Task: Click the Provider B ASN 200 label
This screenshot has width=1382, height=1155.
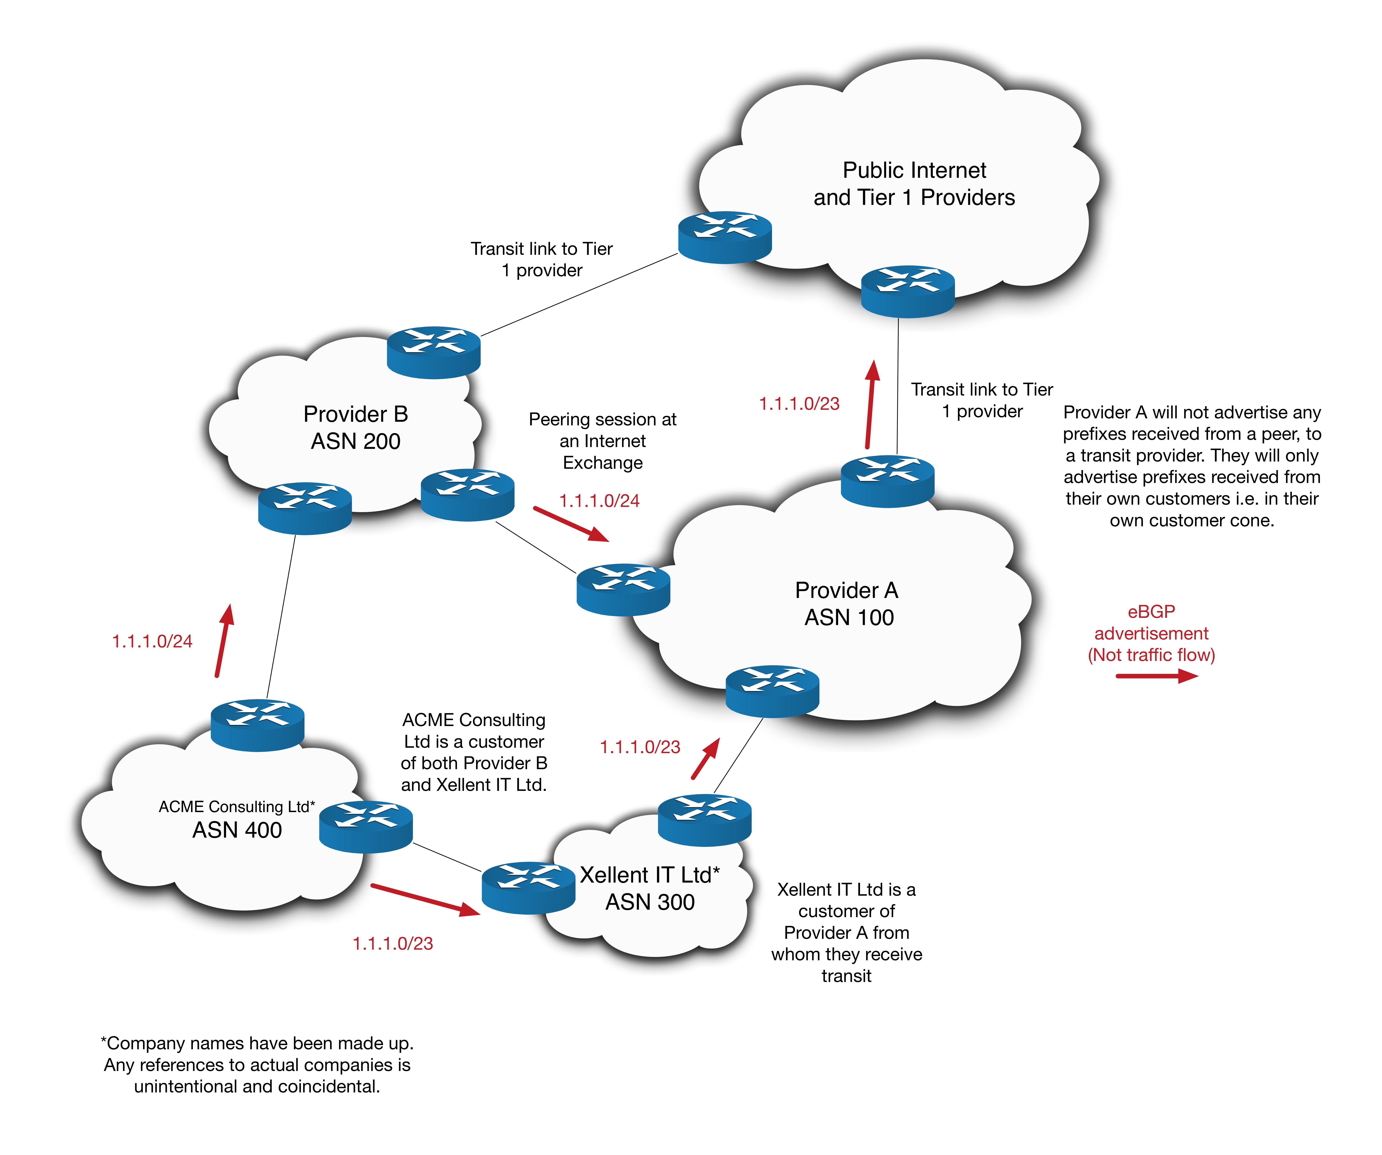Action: pos(355,428)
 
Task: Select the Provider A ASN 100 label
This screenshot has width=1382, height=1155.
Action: pos(848,604)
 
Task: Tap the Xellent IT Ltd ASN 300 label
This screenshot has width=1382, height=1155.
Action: pos(650,888)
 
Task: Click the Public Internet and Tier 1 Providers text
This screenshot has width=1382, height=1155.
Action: pos(914,184)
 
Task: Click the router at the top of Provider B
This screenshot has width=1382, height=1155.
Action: pos(434,352)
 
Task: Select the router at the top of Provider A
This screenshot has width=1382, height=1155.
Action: pos(888,481)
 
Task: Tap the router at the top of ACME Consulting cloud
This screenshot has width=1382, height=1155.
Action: pos(257,725)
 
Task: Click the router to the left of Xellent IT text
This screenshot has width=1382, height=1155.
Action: pos(528,888)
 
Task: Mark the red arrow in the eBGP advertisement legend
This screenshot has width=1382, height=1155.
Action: pos(1156,676)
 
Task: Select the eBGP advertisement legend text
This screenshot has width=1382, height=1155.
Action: pos(1151,633)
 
